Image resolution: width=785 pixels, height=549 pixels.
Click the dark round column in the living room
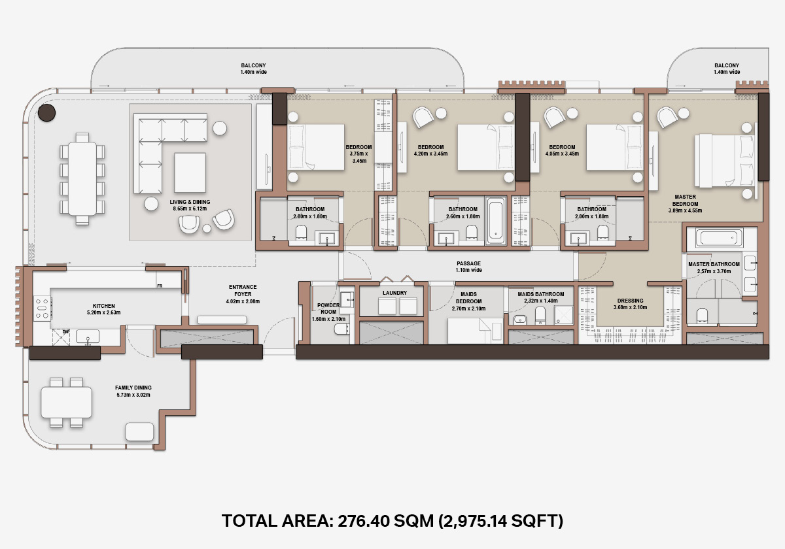(x=46, y=112)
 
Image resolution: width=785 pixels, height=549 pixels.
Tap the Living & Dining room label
(x=190, y=205)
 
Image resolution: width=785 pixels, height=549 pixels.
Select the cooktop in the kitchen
(x=43, y=308)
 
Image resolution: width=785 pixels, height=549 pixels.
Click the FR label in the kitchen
(x=160, y=286)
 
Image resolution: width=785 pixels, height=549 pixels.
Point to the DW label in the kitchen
(x=65, y=331)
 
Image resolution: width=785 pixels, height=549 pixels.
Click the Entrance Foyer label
(x=243, y=294)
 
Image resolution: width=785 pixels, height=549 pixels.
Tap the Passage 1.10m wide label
(x=468, y=267)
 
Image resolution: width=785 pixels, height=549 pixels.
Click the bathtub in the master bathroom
(x=719, y=238)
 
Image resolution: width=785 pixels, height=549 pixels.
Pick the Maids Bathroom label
(x=541, y=297)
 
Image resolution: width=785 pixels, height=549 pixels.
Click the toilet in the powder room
(x=341, y=329)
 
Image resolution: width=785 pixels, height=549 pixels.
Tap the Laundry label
(x=394, y=293)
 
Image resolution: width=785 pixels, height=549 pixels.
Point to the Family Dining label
(x=133, y=391)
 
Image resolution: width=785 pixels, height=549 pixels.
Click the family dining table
(x=67, y=403)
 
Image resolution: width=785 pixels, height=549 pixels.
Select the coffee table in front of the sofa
(x=190, y=173)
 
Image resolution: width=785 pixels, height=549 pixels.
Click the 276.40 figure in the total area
(x=364, y=521)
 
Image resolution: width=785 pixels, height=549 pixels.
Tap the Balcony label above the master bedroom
(x=727, y=69)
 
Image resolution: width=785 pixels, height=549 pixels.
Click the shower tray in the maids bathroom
(x=563, y=315)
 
